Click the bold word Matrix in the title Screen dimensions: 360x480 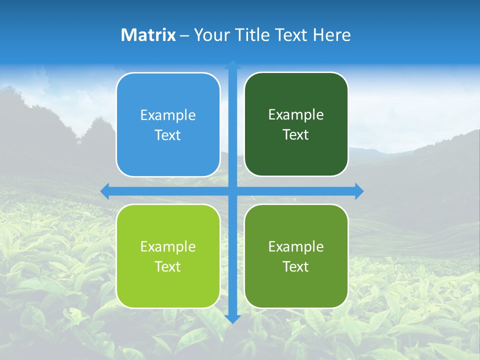click(148, 35)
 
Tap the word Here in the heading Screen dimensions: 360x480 click(332, 35)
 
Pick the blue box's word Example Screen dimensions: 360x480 click(168, 115)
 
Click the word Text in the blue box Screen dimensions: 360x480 click(168, 135)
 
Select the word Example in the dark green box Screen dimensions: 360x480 click(296, 115)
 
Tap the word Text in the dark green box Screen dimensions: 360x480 click(296, 135)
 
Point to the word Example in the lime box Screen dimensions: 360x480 click(168, 247)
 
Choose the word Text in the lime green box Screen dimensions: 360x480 click(168, 267)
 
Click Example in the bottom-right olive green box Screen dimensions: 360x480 click(296, 247)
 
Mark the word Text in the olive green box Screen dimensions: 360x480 click(296, 267)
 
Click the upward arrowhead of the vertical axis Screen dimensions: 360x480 click(232, 64)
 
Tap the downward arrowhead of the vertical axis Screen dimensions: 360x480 click(232, 319)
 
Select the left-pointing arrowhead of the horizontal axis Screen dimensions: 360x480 click(104, 191)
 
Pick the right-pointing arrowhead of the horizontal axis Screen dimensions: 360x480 click(359, 191)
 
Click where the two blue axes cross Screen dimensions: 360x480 click(232, 191)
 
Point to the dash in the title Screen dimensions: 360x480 click(184, 35)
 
